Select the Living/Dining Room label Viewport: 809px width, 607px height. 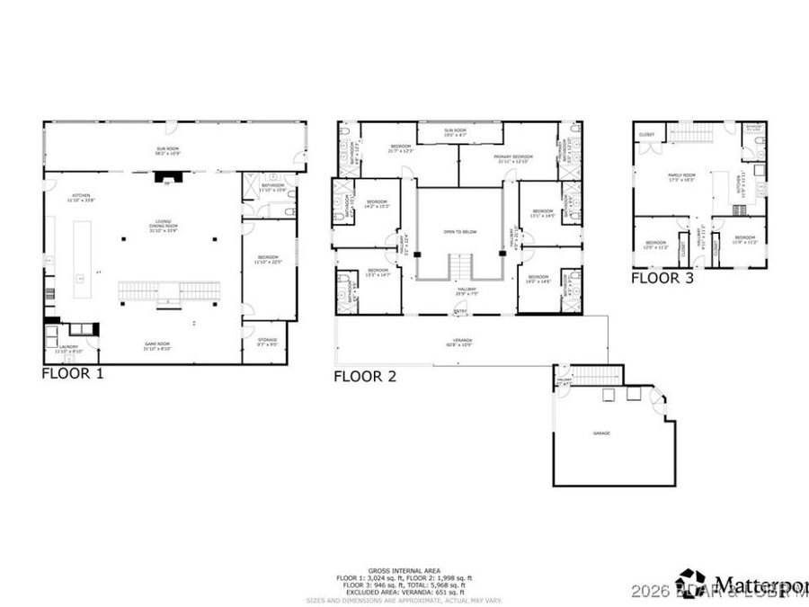164,228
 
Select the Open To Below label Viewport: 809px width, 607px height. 459,232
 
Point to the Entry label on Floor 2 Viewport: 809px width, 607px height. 460,311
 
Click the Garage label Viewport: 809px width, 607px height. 601,433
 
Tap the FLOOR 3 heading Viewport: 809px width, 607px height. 662,278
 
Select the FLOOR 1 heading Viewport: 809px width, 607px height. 73,373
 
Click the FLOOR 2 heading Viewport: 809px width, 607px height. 365,377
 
